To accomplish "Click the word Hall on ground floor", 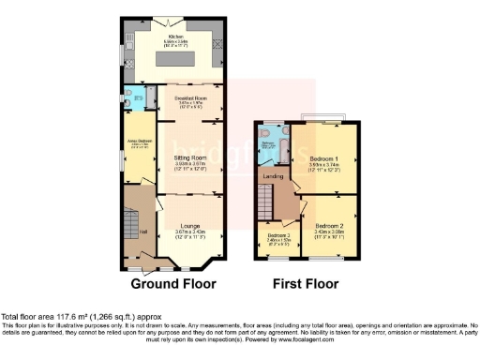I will click(x=143, y=232).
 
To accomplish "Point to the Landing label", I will click(x=273, y=175).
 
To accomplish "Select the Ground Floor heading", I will click(x=172, y=284).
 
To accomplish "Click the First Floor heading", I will click(x=305, y=284).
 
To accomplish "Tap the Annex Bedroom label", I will click(x=138, y=142).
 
